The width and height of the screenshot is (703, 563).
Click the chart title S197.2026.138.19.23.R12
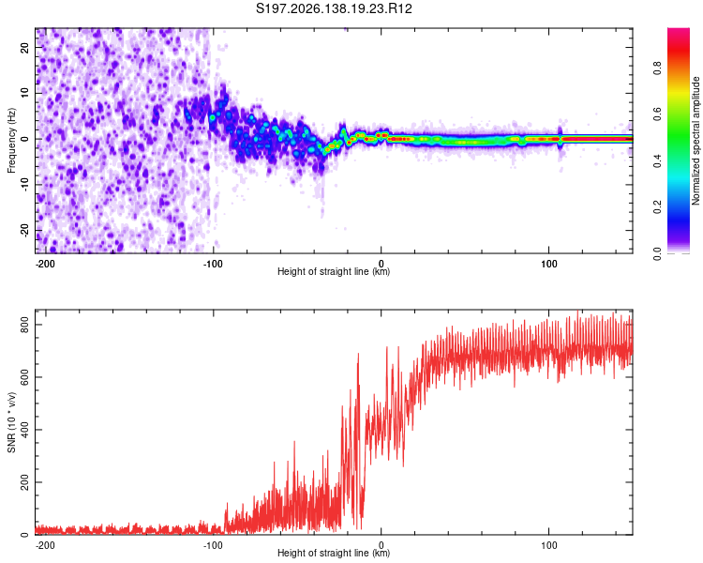click(334, 8)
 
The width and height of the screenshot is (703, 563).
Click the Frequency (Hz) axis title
click(11, 141)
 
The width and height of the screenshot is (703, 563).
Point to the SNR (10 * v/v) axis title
click(11, 422)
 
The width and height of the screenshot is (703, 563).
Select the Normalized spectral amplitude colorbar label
click(696, 141)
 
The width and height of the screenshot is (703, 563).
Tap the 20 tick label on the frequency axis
click(24, 47)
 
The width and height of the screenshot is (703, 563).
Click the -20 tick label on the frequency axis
click(24, 230)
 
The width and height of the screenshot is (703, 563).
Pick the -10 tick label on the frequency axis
click(24, 185)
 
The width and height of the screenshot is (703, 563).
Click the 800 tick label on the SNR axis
click(24, 325)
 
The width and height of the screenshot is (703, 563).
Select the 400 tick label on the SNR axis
click(24, 430)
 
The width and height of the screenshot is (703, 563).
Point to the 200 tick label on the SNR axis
click(24, 482)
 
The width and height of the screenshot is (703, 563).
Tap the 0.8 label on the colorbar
click(657, 68)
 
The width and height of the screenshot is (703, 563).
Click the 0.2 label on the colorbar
click(657, 207)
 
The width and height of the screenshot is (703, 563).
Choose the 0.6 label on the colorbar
click(657, 114)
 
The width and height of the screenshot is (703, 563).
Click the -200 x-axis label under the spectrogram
click(45, 264)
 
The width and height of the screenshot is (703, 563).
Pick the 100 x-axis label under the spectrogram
click(548, 264)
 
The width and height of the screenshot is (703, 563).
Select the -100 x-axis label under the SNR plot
click(213, 545)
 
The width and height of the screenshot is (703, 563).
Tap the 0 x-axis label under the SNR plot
click(381, 545)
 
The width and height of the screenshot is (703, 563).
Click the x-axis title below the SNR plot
click(334, 553)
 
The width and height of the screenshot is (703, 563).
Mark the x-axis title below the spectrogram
click(334, 271)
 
